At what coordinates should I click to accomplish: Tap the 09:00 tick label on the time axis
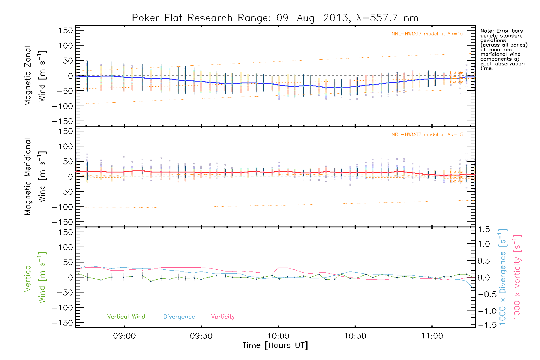pyautogui.click(x=124, y=336)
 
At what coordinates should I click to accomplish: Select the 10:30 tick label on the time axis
pyautogui.click(x=355, y=336)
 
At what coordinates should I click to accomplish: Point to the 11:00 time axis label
pyautogui.click(x=432, y=336)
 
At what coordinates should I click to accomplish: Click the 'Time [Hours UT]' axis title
pyautogui.click(x=275, y=345)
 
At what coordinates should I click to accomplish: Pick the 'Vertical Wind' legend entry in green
pyautogui.click(x=126, y=317)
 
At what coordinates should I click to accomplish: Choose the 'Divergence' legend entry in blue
pyautogui.click(x=179, y=317)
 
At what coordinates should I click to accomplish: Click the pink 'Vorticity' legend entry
pyautogui.click(x=223, y=317)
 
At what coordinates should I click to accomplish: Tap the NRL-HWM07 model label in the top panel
pyautogui.click(x=427, y=34)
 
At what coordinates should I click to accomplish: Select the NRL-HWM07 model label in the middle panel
pyautogui.click(x=427, y=135)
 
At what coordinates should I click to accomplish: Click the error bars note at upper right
pyautogui.click(x=503, y=49)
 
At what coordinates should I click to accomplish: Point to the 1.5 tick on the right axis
pyautogui.click(x=484, y=229)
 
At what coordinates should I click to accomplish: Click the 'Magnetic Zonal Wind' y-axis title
pyautogui.click(x=35, y=76)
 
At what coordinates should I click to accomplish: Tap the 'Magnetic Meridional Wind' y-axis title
pyautogui.click(x=35, y=176)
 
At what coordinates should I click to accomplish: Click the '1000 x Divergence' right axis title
pyautogui.click(x=503, y=277)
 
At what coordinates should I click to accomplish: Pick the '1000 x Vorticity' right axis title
pyautogui.click(x=517, y=277)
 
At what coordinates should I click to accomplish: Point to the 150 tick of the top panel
pyautogui.click(x=66, y=31)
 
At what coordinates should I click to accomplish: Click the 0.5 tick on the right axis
pyautogui.click(x=484, y=261)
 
